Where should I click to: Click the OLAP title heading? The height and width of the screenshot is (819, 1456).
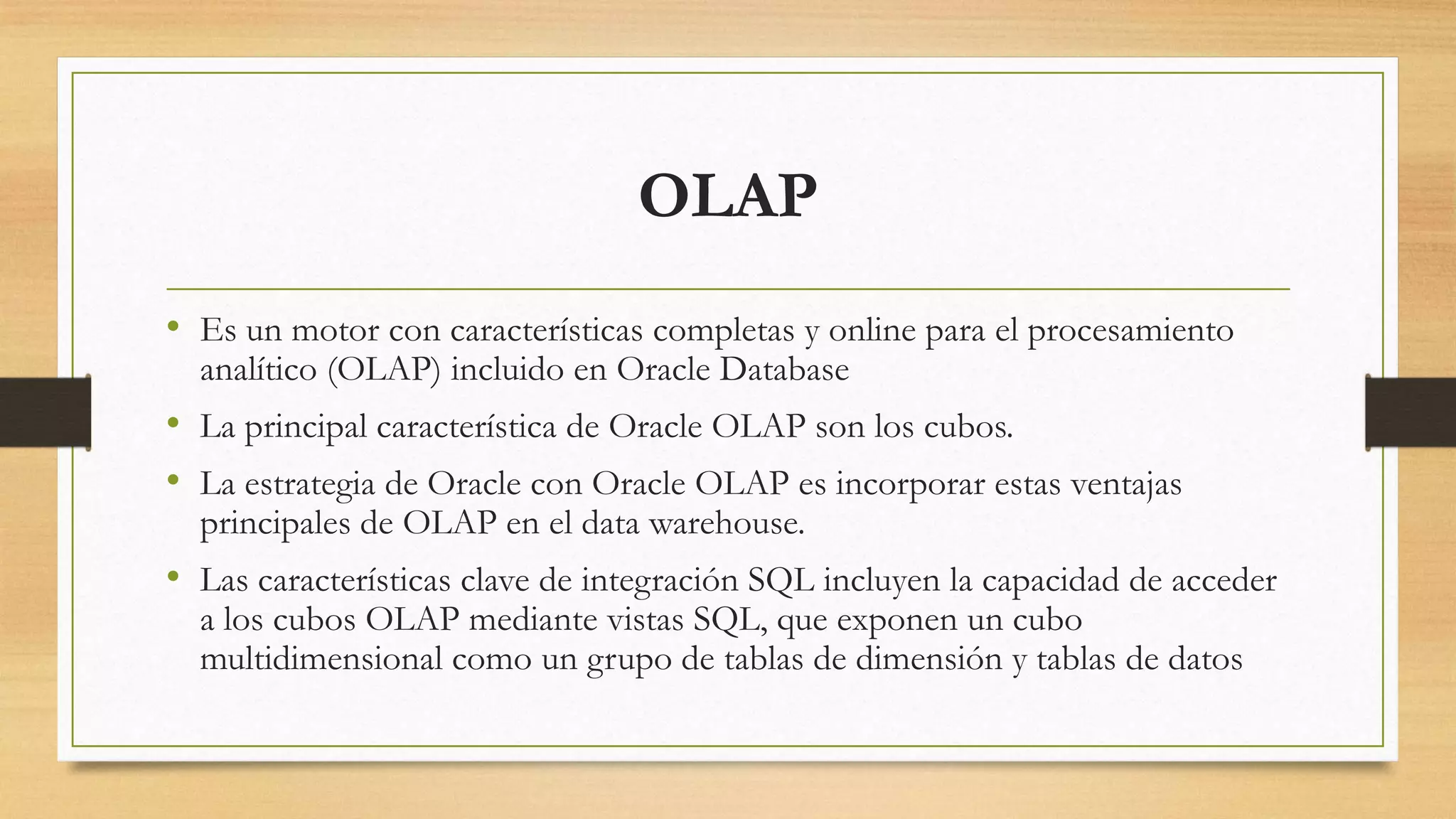[727, 197]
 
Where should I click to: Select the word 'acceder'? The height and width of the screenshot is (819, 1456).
[1224, 581]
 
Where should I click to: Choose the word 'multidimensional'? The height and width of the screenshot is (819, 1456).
[321, 659]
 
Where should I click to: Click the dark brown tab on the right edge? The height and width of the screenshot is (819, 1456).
[1410, 412]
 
